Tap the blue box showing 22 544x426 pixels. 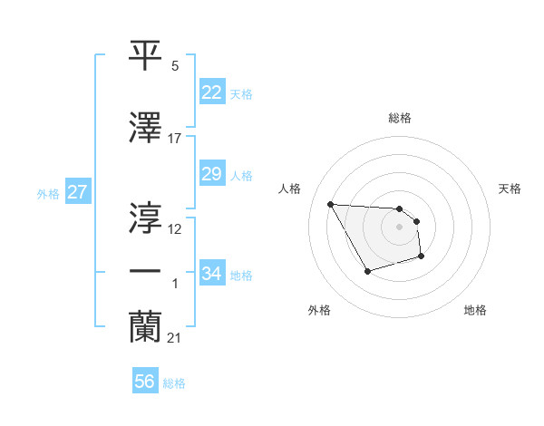coord(212,92)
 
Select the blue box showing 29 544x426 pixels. coord(212,174)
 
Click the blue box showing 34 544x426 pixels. coord(212,274)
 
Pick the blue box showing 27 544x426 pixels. coord(77,192)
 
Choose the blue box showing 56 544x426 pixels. coord(145,382)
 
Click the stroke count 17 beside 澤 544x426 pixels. coord(175,139)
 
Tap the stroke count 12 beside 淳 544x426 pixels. coord(175,229)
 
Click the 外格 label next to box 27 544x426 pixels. coord(48,193)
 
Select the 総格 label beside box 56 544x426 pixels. coord(174,383)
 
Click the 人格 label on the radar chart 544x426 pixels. coord(290,189)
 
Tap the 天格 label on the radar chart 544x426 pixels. coord(510,189)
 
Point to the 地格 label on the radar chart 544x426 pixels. coord(475,310)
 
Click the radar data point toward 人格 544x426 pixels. coord(331,203)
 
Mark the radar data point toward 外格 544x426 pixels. coord(367,271)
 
